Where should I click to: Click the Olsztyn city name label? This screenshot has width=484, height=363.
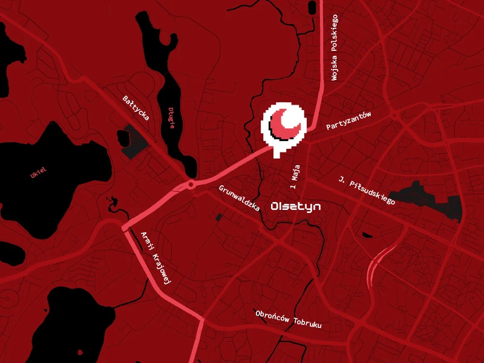click(x=296, y=206)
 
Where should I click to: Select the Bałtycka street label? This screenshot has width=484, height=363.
click(x=136, y=108)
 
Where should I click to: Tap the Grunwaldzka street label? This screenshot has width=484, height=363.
click(x=240, y=198)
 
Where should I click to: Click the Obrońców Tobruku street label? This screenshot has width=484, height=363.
click(x=288, y=319)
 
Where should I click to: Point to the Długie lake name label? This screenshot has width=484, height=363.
click(x=172, y=117)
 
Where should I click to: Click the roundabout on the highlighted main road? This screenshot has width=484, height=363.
click(x=191, y=184)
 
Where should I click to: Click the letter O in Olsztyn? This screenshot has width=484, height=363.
click(x=276, y=206)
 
